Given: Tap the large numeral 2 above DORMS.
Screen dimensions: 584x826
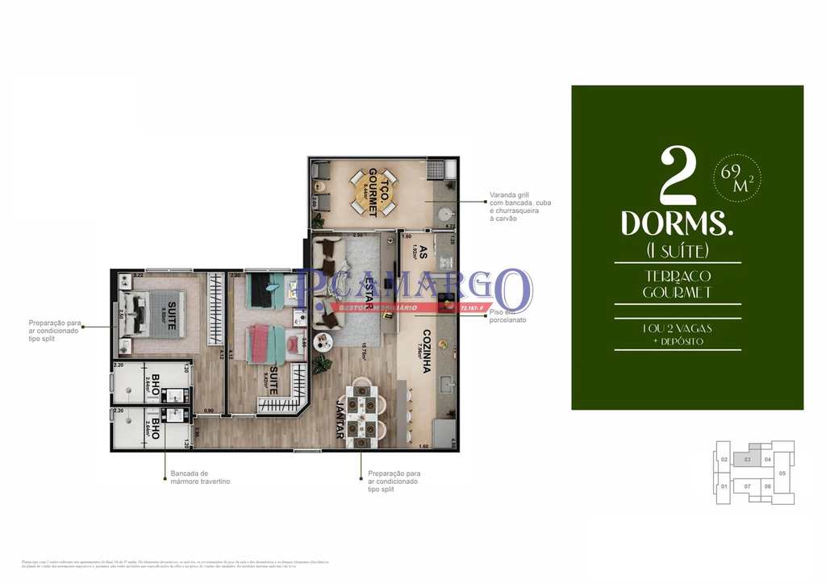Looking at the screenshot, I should tap(678, 176).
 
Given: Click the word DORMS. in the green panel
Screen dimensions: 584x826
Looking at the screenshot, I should tap(677, 223).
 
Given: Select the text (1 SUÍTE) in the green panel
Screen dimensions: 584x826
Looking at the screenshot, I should tap(677, 250).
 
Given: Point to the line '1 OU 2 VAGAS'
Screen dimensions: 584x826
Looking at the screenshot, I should tap(677, 327).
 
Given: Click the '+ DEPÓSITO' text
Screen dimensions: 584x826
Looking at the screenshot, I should tap(677, 340).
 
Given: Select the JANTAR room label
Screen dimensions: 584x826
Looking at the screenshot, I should tap(339, 420).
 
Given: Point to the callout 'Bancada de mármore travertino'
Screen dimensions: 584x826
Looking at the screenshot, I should tap(199, 478).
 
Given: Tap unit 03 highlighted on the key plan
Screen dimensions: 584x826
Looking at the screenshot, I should tap(748, 460).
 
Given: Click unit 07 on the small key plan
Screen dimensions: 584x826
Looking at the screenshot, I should tap(748, 486).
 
